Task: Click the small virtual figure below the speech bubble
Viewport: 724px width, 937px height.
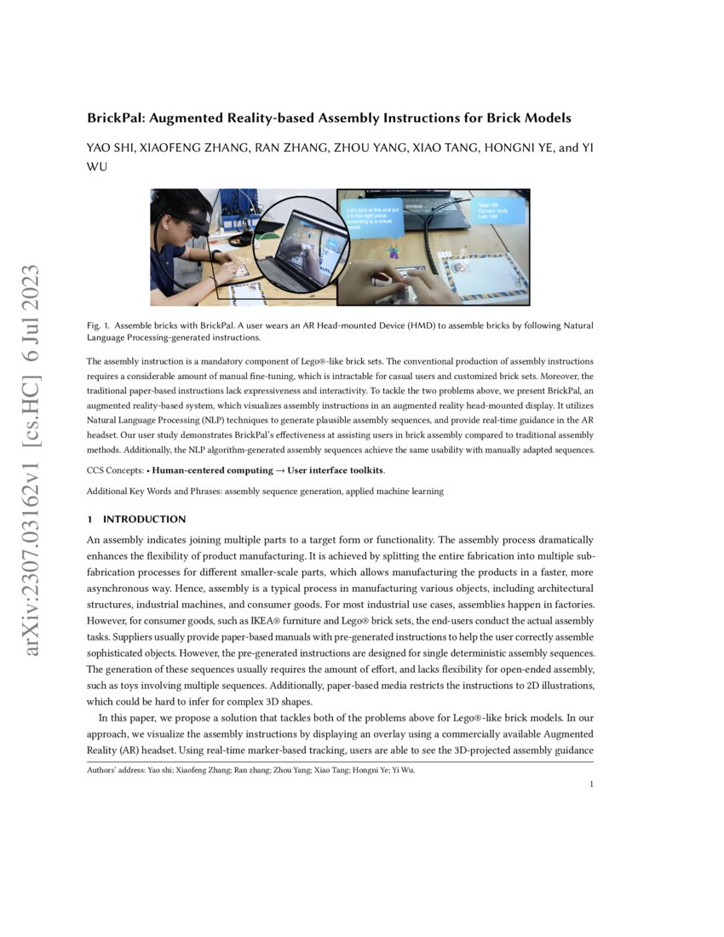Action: (x=394, y=250)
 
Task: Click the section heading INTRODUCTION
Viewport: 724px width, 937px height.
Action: (x=144, y=519)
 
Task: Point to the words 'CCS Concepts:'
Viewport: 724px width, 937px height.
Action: (x=115, y=470)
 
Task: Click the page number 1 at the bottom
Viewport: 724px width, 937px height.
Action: (x=591, y=785)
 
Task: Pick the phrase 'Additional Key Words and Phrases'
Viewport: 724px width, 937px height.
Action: (x=153, y=491)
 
